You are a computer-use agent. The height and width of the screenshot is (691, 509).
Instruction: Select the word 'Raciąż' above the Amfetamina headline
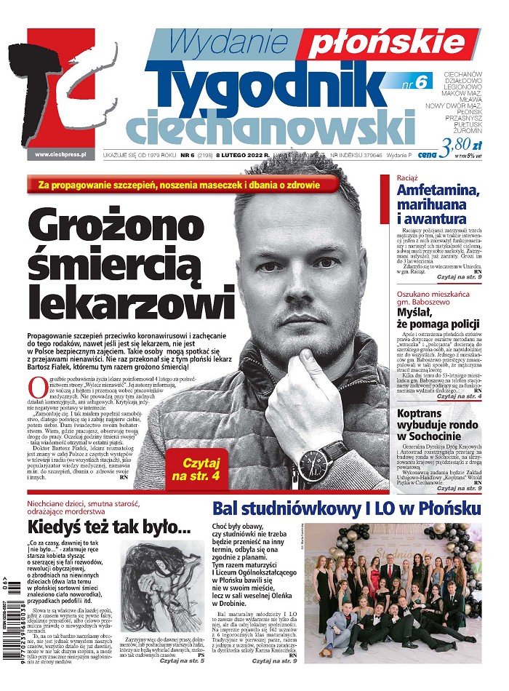pos(408,177)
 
